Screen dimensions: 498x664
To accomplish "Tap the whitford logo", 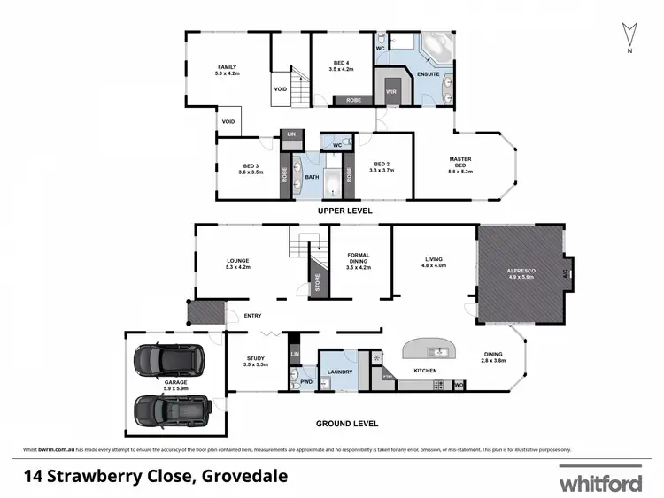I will [x=600, y=483].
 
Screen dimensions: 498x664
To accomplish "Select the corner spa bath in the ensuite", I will [x=435, y=45].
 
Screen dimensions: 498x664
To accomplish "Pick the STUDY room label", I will [x=256, y=361].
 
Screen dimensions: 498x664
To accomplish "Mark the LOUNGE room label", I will [x=237, y=263].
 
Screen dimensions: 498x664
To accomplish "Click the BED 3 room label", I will [x=251, y=168].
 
